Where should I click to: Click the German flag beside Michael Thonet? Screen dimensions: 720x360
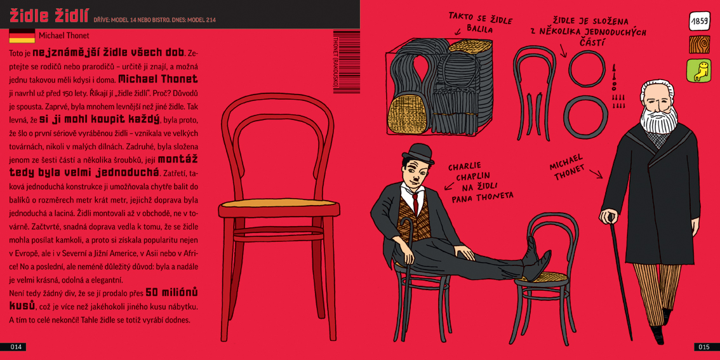click(x=22, y=36)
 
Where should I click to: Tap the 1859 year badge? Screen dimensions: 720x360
click(x=699, y=21)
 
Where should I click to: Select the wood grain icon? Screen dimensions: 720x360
click(x=699, y=45)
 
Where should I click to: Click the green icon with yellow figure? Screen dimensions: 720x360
click(x=699, y=71)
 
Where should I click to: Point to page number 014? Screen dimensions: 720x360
click(x=13, y=347)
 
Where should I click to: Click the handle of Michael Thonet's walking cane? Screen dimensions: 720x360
click(x=609, y=215)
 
